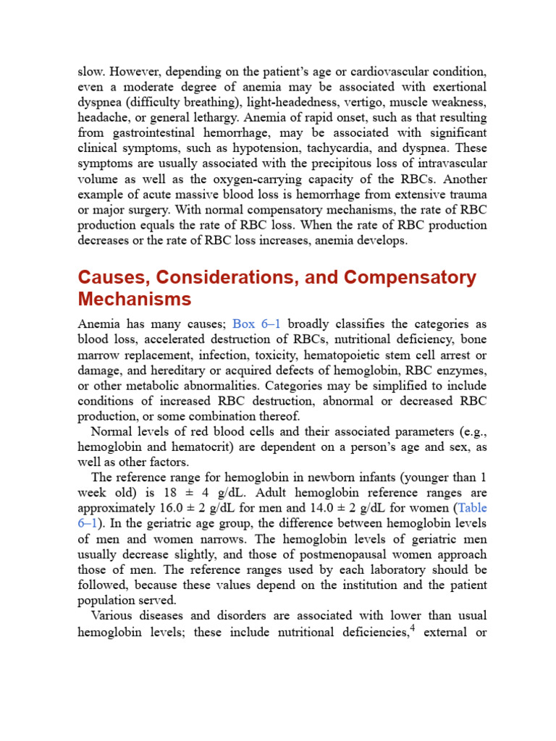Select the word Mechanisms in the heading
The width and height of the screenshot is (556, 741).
pos(135,300)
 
